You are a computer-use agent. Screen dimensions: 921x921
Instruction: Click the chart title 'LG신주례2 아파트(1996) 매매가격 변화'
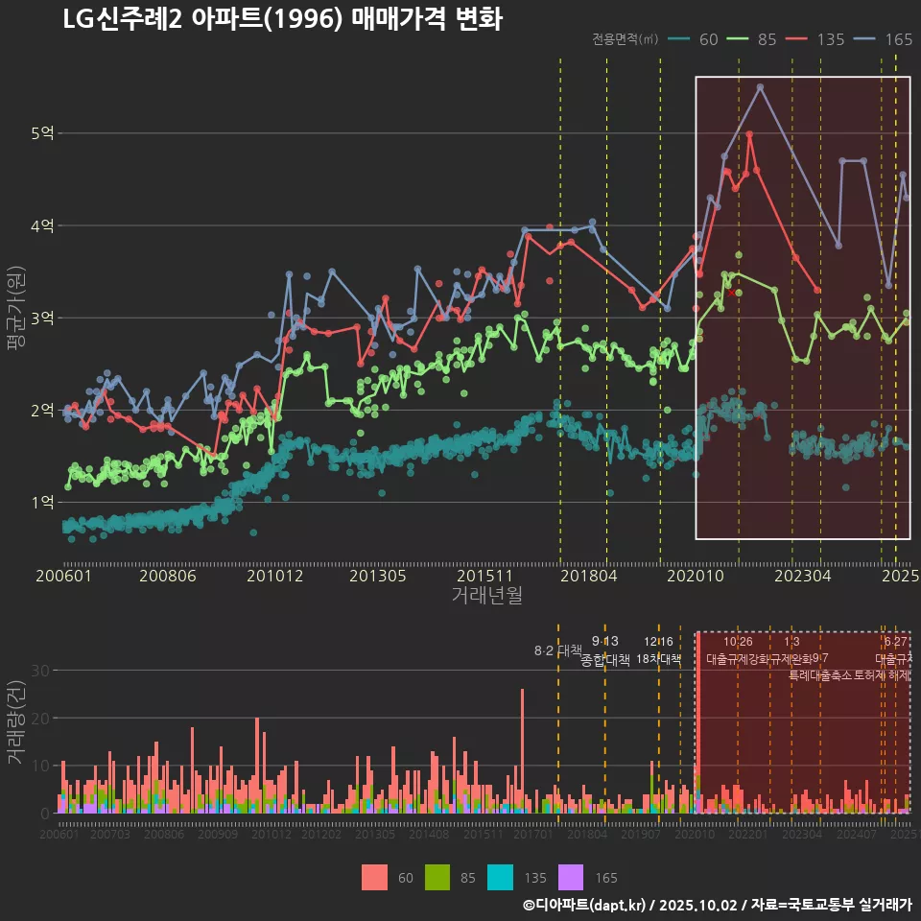[x=282, y=19]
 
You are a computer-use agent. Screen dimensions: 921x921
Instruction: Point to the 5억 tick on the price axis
[x=42, y=133]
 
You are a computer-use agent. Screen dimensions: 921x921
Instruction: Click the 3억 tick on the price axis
[x=42, y=318]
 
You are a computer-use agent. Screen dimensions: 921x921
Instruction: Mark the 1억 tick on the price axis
[x=42, y=502]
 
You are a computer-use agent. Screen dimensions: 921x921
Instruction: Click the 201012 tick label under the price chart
[x=274, y=577]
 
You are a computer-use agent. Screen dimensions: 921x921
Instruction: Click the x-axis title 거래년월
[x=486, y=596]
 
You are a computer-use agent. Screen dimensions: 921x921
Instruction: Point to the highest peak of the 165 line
[x=760, y=86]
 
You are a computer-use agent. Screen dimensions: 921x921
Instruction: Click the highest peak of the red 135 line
[x=749, y=134]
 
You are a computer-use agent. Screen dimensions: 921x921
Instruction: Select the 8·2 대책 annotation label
[x=557, y=650]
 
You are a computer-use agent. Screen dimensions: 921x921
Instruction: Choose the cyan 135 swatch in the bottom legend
[x=499, y=877]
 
